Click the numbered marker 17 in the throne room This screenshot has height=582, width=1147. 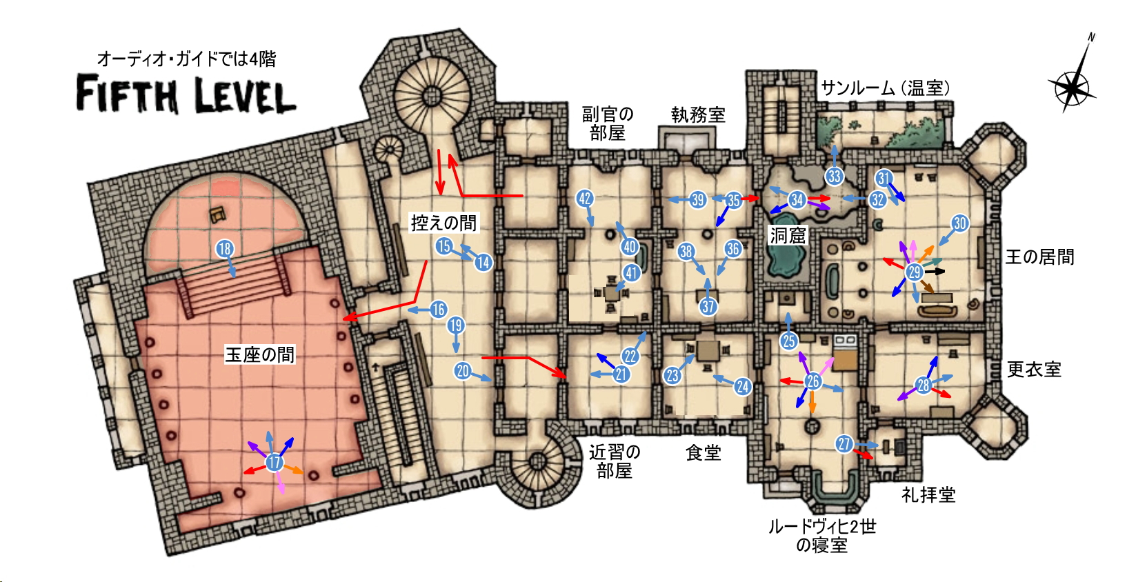pos(275,462)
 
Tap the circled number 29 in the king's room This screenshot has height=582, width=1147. pos(915,272)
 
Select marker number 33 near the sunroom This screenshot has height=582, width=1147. pos(834,177)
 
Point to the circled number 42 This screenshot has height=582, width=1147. pos(585,199)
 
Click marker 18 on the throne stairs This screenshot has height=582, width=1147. pos(225,249)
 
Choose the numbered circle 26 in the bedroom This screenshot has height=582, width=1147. pos(812,381)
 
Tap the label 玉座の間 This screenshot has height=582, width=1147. pos(260,354)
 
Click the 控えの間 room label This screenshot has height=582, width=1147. pos(444,223)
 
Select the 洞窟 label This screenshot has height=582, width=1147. pos(788,235)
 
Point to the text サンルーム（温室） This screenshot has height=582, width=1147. pos(886,88)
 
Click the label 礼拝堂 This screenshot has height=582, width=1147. pos(928,494)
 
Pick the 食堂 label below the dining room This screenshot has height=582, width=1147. pos(703,452)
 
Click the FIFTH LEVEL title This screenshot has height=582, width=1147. pos(186,94)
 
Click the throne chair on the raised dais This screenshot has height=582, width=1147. pos(219,214)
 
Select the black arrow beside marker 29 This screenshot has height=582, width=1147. pos(935,272)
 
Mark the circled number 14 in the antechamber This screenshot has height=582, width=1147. pos(483,263)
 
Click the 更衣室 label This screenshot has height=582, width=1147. pos(1035,369)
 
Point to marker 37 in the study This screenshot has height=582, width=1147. pos(708,307)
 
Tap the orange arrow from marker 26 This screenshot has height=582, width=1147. pos(812,402)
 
